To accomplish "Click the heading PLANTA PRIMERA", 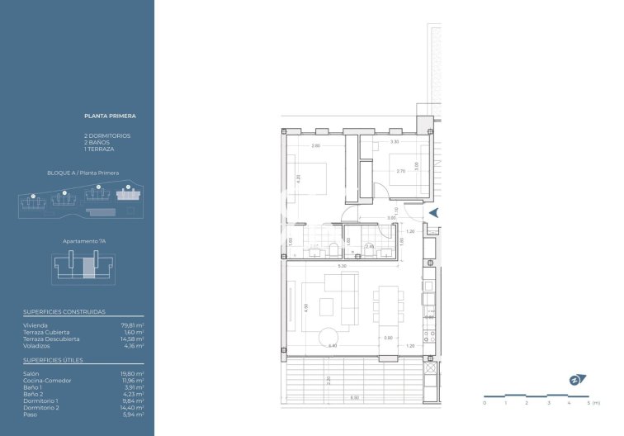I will pos(110,116).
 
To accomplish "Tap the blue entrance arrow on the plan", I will pos(433,213).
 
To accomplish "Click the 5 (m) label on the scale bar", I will pos(592,404).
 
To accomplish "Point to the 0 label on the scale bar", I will pos(485,404).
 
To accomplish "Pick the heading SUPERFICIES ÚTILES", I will pos(53,360).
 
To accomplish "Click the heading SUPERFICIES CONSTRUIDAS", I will pos(64,313).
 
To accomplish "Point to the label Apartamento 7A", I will pos(84,241).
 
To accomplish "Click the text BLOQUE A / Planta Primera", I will pos(83,173).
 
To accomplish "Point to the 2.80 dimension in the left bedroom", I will pos(315,146).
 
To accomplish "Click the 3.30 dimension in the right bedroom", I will pos(395,142).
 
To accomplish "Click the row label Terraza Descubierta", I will pos(52,339).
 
